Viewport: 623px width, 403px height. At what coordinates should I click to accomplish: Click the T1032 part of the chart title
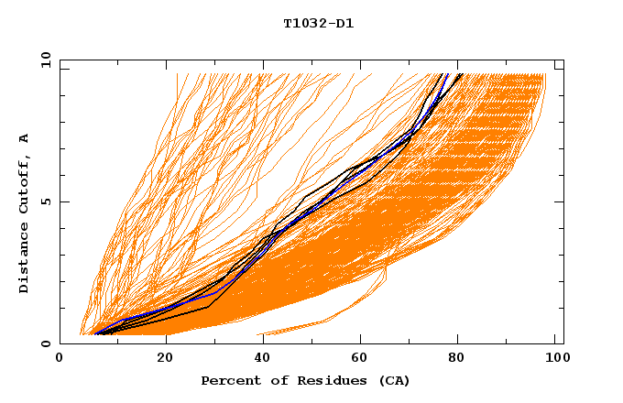301,23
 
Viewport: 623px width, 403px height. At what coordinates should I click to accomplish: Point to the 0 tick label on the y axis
46,343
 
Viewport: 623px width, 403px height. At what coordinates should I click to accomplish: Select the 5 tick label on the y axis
46,201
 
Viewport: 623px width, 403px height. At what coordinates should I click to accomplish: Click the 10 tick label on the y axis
43,60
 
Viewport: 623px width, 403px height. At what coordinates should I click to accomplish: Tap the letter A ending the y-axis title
25,138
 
